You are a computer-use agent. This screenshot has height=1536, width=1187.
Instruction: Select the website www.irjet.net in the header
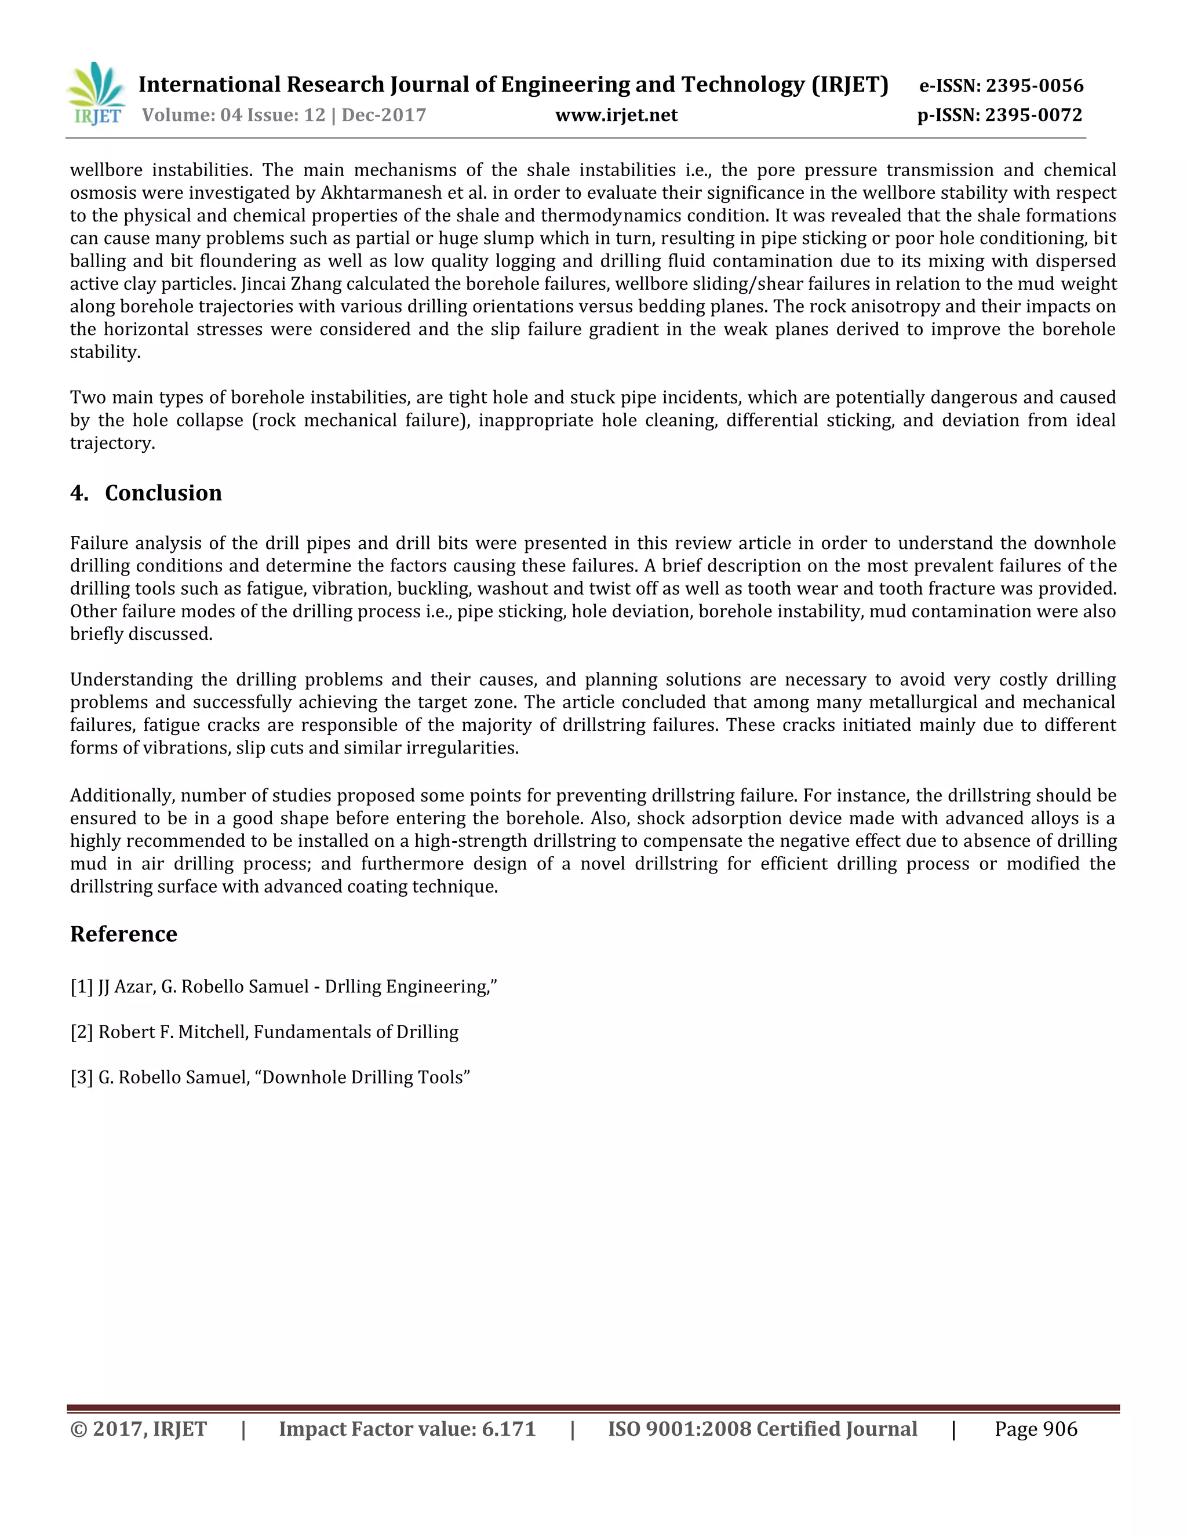[616, 115]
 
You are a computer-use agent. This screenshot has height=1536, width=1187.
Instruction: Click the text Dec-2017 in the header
[384, 115]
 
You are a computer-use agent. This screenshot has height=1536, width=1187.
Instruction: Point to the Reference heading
[124, 934]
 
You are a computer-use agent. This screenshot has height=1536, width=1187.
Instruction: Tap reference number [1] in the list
[82, 987]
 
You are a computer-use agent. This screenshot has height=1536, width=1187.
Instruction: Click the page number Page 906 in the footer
[1035, 1429]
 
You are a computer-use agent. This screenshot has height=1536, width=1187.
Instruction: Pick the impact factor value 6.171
[508, 1429]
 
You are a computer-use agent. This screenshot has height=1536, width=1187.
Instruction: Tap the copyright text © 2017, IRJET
[139, 1429]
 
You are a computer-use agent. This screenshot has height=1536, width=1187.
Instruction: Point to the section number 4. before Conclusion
[79, 493]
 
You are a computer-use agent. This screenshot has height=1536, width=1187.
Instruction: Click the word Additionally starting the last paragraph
[122, 795]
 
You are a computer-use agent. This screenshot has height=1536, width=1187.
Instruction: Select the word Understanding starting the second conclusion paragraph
[131, 679]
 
